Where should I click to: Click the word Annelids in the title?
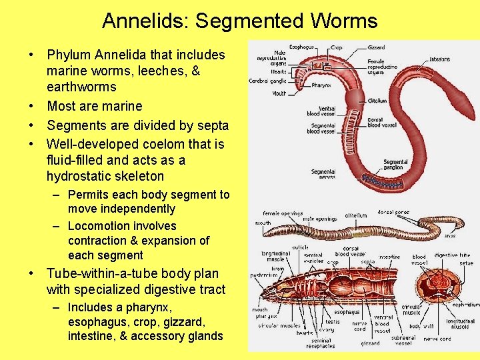click(x=145, y=21)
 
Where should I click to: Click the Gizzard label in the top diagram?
click(x=375, y=47)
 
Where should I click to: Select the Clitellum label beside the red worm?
click(x=377, y=101)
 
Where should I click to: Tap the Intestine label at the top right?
click(x=439, y=59)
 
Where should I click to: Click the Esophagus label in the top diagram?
click(x=301, y=47)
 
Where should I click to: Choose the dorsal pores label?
click(x=393, y=213)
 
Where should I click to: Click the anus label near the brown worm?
click(x=450, y=235)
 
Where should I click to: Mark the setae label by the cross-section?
click(x=466, y=263)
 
